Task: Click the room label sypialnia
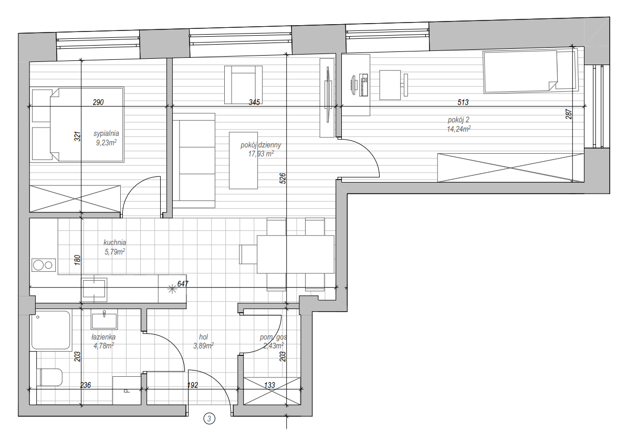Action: click(106, 134)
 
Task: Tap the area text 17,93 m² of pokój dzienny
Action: click(261, 154)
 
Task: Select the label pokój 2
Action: click(458, 120)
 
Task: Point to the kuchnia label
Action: click(114, 242)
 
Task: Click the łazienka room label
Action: click(103, 337)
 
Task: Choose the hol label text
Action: click(203, 337)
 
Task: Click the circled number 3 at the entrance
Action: click(209, 419)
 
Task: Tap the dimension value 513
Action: click(463, 102)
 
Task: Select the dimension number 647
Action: click(183, 283)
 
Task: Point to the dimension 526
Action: click(283, 178)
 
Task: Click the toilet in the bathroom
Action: click(50, 377)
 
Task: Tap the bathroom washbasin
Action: click(104, 320)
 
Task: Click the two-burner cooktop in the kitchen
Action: click(44, 265)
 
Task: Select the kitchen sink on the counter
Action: click(95, 289)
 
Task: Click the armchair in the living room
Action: click(243, 84)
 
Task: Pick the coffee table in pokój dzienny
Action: click(244, 161)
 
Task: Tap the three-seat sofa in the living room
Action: click(194, 161)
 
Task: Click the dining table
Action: click(296, 254)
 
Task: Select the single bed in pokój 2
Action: click(530, 71)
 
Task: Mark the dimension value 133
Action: click(269, 385)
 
